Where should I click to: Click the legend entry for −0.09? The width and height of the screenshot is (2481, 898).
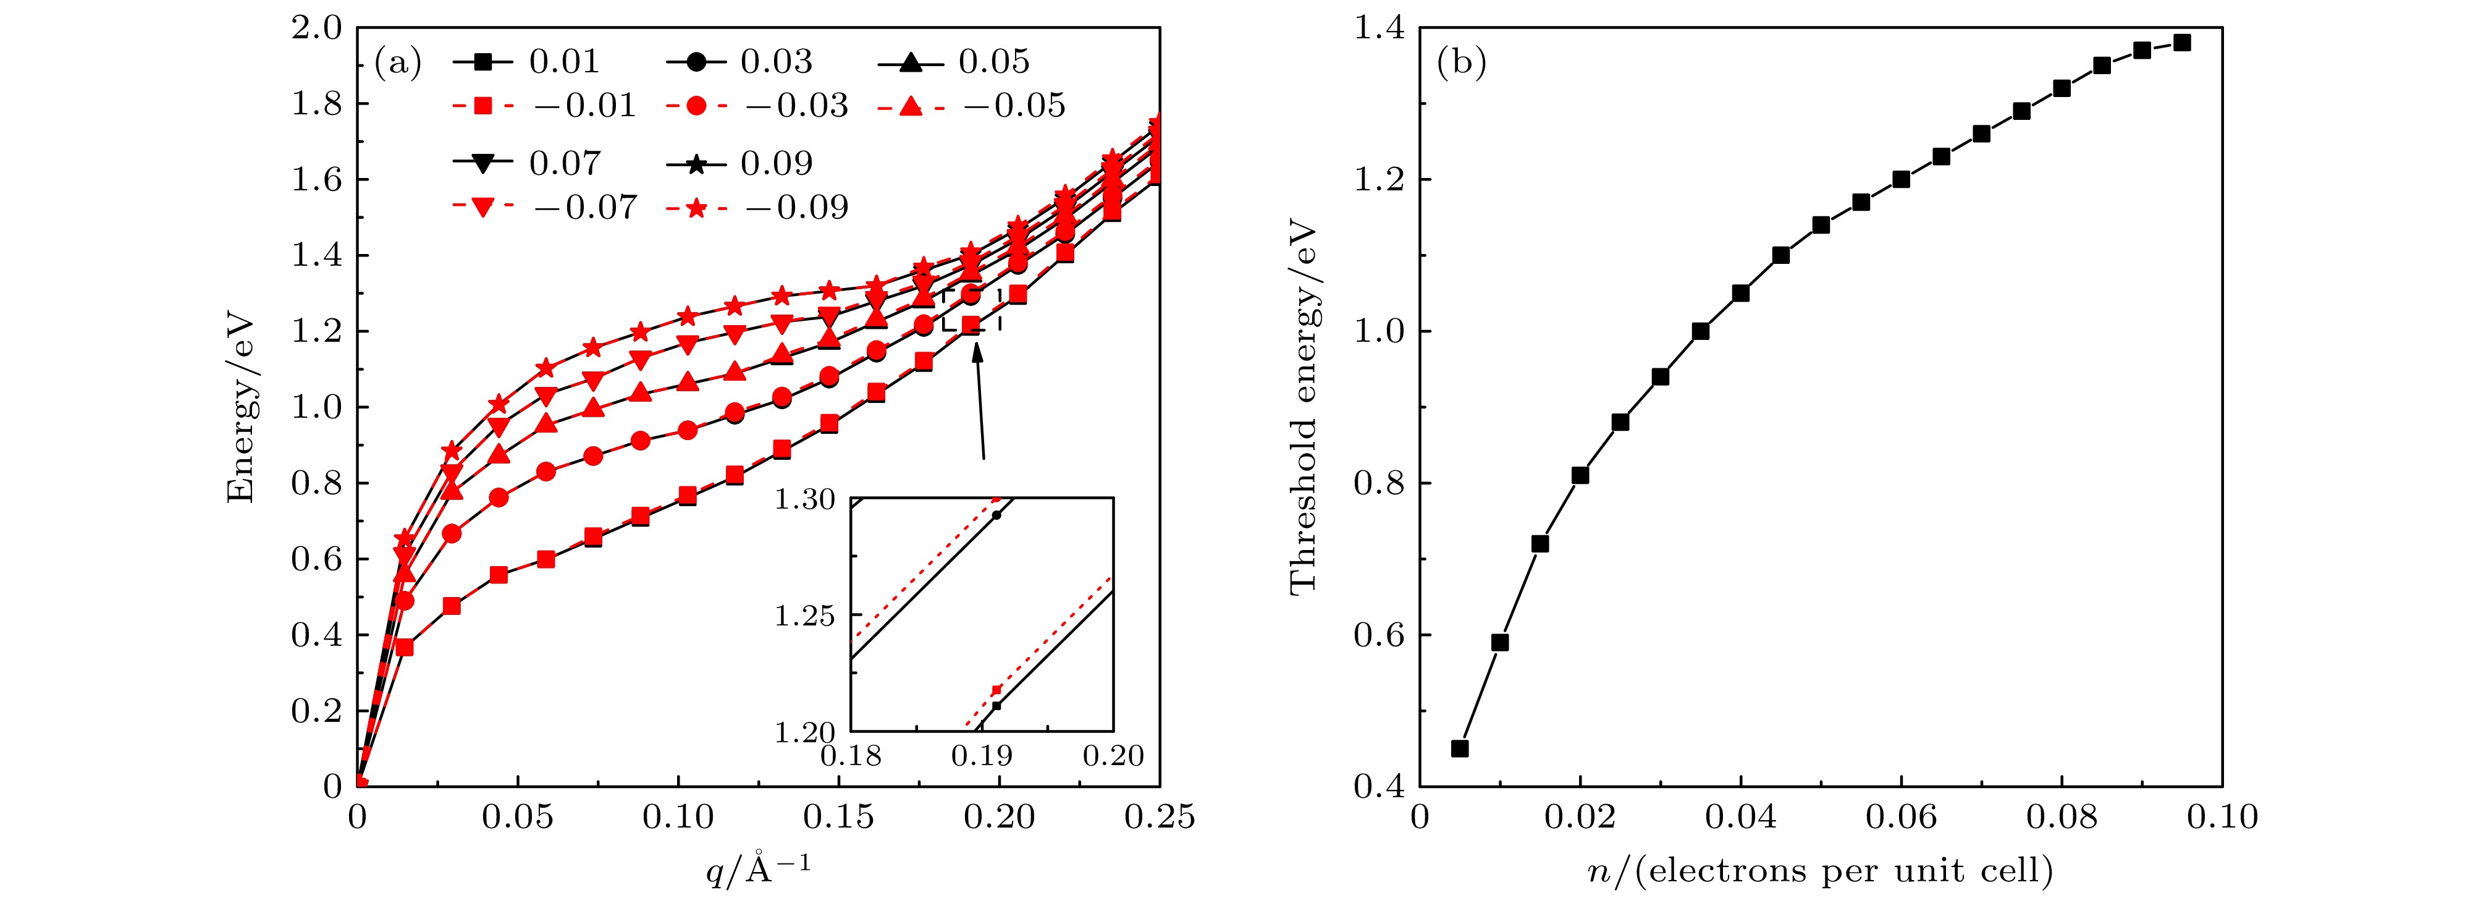757,207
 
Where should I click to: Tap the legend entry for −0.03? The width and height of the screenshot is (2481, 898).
757,105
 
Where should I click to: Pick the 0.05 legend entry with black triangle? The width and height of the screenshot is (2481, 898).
953,62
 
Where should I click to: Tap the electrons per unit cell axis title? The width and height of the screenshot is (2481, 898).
1821,870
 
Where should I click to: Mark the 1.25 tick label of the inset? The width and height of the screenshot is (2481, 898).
804,615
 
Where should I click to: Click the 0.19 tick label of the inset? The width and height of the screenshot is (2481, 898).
982,755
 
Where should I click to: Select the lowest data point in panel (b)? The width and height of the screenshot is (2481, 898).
1459,748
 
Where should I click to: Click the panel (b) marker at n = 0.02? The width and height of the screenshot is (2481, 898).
1580,475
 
